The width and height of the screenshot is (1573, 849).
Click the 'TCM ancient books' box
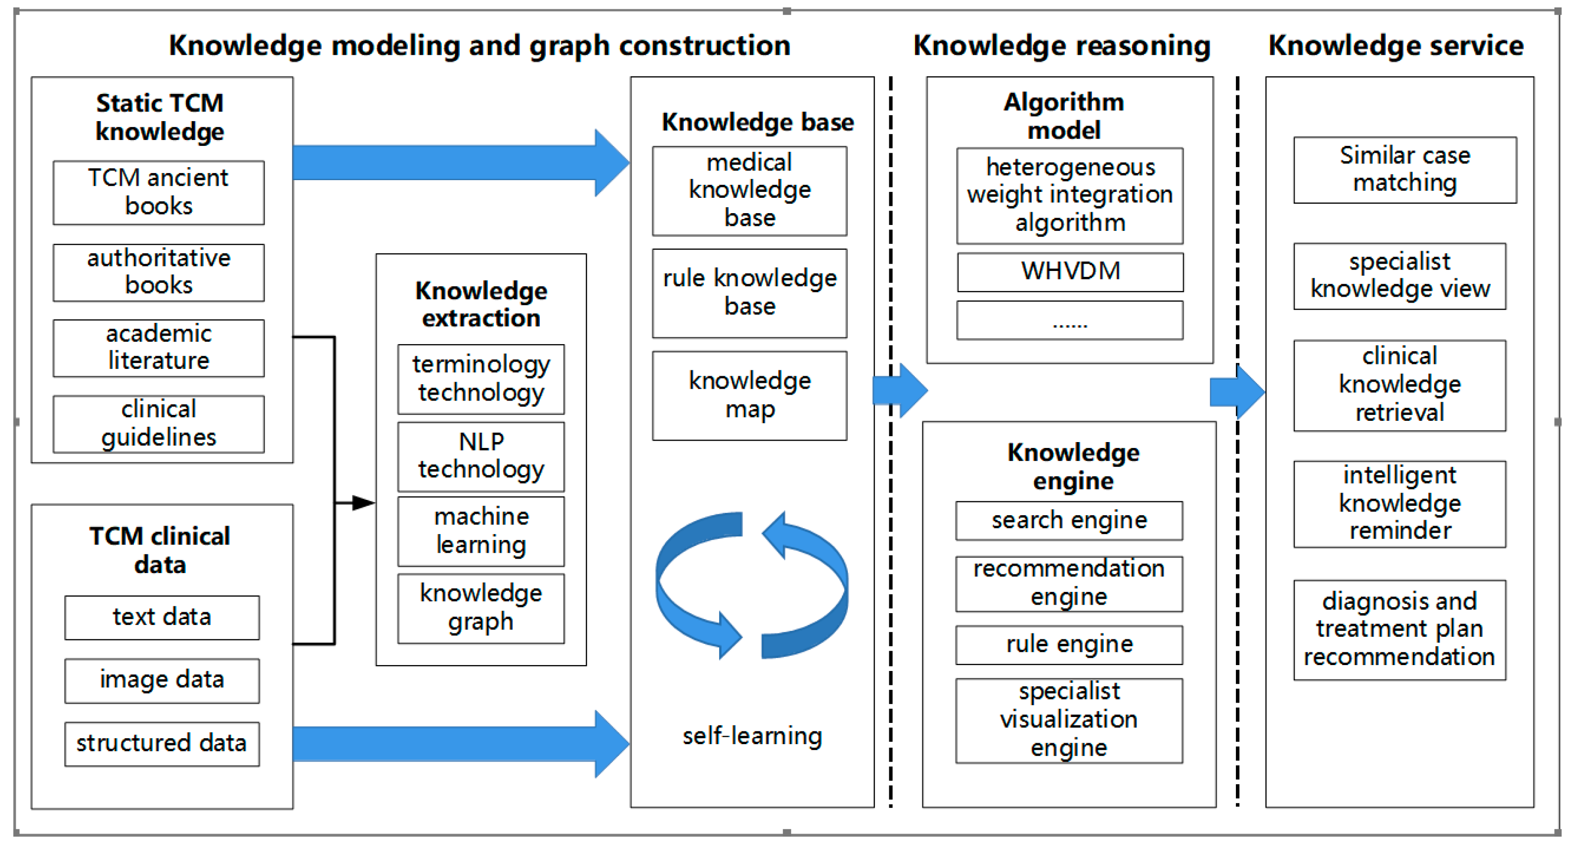click(x=158, y=192)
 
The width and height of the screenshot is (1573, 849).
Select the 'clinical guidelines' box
click(x=158, y=424)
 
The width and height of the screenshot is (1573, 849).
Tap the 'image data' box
click(x=162, y=680)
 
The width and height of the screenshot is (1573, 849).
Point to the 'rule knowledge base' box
click(x=749, y=293)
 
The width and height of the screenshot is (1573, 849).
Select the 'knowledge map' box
click(x=749, y=395)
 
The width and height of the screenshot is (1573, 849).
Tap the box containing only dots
click(x=1070, y=320)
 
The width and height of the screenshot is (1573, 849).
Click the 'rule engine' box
click(x=1069, y=645)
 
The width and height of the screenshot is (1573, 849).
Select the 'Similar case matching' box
click(x=1404, y=170)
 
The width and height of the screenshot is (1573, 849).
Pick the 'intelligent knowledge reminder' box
click(x=1399, y=504)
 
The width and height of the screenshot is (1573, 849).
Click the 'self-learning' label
click(x=752, y=736)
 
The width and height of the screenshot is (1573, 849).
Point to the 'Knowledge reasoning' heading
click(x=1062, y=46)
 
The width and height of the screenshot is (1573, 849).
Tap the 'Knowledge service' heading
click(x=1396, y=46)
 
